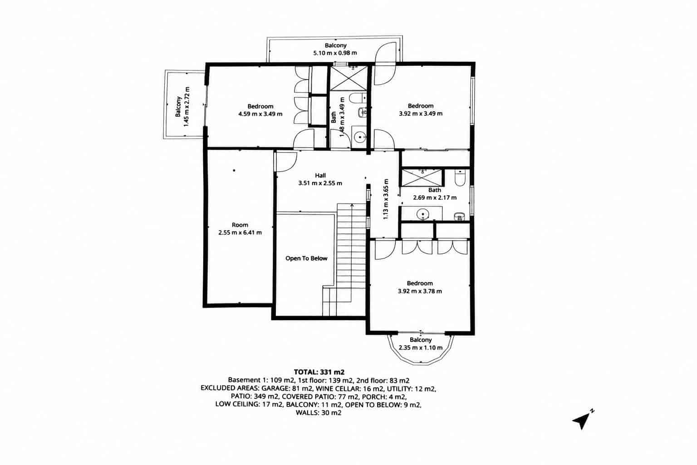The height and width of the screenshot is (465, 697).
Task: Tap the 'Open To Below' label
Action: point(306,258)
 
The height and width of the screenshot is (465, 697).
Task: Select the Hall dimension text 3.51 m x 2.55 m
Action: point(320,183)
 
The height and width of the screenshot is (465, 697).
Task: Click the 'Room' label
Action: point(240,225)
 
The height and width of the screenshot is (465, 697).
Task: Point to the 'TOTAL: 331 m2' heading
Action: point(319,372)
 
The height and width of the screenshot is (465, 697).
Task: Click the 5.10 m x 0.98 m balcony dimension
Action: point(335,53)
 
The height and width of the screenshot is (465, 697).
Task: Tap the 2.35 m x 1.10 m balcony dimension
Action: point(421,347)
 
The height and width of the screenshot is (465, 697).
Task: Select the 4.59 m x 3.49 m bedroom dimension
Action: point(260,114)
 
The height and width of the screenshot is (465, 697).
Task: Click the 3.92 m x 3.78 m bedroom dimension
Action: point(420,291)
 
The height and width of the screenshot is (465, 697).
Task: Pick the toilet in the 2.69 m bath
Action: point(460,178)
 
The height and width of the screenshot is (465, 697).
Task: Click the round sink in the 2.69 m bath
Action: point(422,214)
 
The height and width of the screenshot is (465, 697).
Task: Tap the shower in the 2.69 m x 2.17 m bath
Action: point(422,178)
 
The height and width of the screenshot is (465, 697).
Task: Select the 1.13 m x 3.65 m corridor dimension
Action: point(386,199)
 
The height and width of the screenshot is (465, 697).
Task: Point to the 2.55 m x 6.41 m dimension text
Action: point(240,232)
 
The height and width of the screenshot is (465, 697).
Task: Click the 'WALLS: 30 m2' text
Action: point(319,413)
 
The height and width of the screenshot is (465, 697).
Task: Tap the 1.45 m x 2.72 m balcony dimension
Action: point(187,107)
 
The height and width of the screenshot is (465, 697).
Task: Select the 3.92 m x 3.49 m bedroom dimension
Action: point(421,114)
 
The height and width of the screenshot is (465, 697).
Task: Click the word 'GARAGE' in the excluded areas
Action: point(275,388)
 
